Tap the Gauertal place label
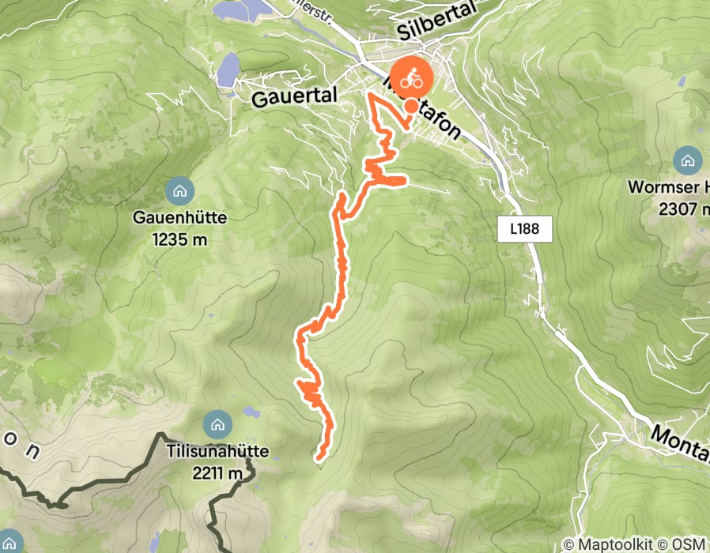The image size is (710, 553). (x=294, y=96)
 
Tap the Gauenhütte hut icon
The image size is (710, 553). (x=179, y=190)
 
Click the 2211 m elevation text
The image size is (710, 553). (x=216, y=473)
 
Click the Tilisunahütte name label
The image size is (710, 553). (x=218, y=453)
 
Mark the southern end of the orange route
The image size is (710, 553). (x=319, y=456)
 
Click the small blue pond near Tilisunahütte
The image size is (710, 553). (x=251, y=412)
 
